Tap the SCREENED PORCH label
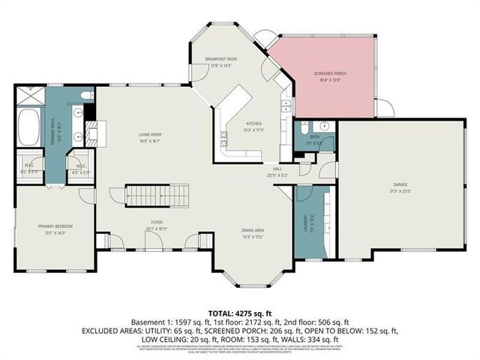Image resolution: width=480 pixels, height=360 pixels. pos(324,73)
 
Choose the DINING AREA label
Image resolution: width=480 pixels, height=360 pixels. pos(251,230)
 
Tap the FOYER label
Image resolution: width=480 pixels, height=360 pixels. pos(157,223)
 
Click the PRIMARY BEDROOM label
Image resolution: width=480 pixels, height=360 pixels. pos(54,226)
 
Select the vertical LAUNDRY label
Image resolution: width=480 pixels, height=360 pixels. pos(306,223)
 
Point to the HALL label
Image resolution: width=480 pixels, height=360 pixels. pos(277,169)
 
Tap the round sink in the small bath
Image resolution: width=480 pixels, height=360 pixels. pos(325,126)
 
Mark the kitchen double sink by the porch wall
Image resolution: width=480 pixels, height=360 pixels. pos(285,106)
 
